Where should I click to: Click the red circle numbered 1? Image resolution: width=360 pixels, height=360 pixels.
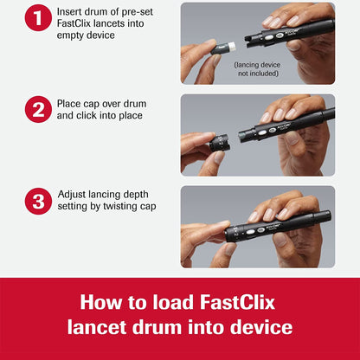coord(38,17)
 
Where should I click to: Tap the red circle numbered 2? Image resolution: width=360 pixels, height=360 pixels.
coord(38,111)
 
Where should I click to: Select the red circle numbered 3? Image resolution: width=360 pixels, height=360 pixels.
coord(38,202)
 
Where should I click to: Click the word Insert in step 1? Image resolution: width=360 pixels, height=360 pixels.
coord(73,10)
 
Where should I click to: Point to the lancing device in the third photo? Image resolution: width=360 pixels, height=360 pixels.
coord(277,226)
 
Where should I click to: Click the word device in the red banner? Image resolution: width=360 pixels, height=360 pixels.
coord(260,328)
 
